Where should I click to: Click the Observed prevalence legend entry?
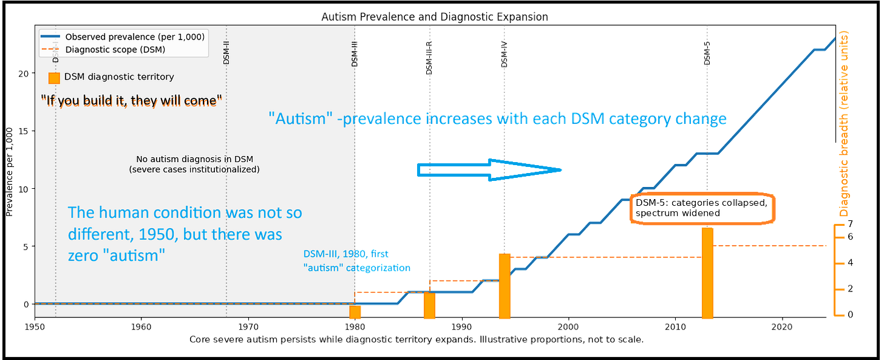coord(134,37)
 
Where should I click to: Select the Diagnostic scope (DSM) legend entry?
coord(115,49)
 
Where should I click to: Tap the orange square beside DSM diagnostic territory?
coord(54,78)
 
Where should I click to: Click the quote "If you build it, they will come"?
coord(131,100)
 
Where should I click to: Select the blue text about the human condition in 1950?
coord(185,234)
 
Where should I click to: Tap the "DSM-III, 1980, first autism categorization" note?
coord(358,260)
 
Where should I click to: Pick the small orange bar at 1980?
coord(356,312)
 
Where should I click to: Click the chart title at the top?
coord(435,16)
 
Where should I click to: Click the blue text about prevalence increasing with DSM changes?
coord(498,119)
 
